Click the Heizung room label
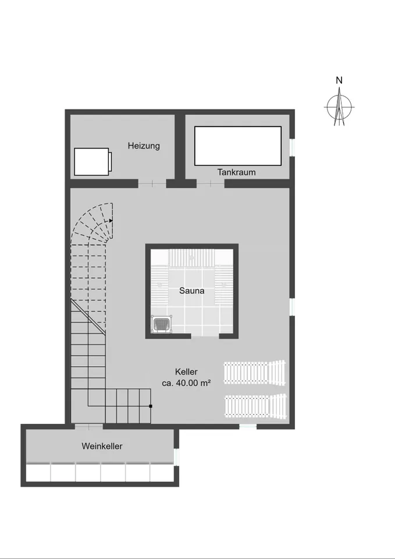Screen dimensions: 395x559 (x=144, y=146)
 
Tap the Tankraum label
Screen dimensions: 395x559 (x=237, y=172)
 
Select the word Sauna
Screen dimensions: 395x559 (x=191, y=291)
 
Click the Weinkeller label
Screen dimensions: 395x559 (x=102, y=446)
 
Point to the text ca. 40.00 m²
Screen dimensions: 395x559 (x=186, y=383)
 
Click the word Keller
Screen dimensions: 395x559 (x=186, y=372)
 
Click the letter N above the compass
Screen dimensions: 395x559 (x=339, y=80)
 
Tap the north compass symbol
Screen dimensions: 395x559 (x=339, y=107)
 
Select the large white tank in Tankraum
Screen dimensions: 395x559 (x=238, y=146)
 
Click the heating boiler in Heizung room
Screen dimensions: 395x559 (x=92, y=162)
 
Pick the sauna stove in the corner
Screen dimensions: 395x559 (x=162, y=324)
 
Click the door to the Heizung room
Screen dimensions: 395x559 (x=152, y=183)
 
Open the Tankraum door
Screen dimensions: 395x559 (x=211, y=183)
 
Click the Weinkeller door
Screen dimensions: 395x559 (x=88, y=426)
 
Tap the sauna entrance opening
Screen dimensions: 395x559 (x=205, y=336)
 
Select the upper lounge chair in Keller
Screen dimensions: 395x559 (x=255, y=373)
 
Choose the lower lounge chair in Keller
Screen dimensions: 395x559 (x=256, y=406)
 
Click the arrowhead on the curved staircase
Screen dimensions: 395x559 (x=111, y=221)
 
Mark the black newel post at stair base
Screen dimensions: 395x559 (x=151, y=406)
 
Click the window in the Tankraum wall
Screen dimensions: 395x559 (x=292, y=147)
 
